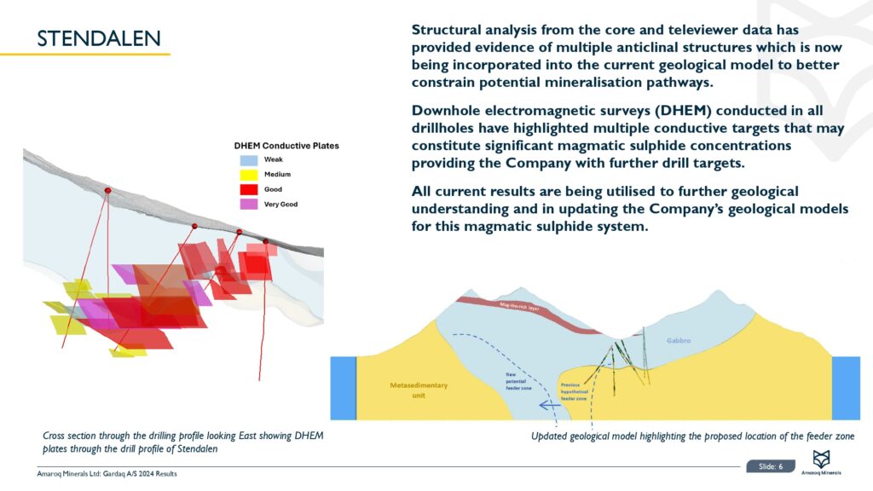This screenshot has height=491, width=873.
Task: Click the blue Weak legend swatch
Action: pos(248,160)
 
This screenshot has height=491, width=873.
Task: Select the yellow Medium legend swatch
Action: pos(248,175)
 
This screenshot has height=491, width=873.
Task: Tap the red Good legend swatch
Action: pos(248,189)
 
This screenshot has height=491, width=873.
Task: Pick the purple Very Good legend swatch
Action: pos(248,205)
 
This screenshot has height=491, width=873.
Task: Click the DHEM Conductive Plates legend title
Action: pos(286,146)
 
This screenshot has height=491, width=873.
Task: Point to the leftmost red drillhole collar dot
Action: pos(107,190)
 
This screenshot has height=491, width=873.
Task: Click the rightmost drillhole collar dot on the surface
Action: pos(265,242)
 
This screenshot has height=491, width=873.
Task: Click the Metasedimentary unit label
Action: pos(418,390)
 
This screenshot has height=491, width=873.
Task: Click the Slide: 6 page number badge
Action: pos(770,465)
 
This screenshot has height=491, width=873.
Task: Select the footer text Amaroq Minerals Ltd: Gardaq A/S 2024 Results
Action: pos(107,474)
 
